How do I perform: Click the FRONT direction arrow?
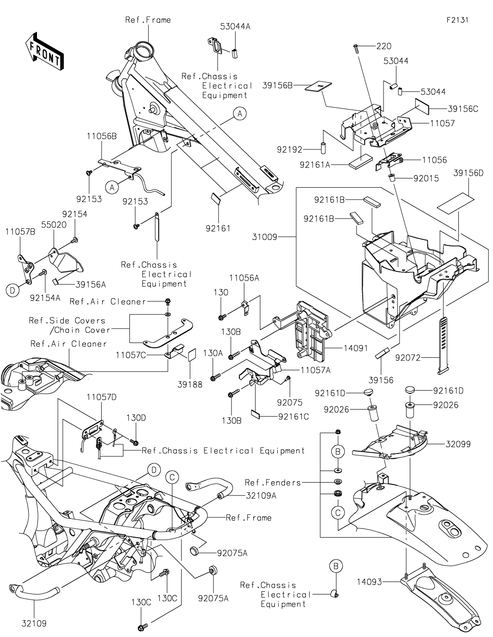click(x=44, y=50)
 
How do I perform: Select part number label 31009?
click(x=264, y=237)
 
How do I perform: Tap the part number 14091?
click(x=356, y=348)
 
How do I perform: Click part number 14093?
click(x=370, y=582)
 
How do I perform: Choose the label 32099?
click(x=458, y=444)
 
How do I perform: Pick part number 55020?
click(x=54, y=224)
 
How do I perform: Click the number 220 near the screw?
click(x=383, y=46)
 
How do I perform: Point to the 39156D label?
click(x=468, y=173)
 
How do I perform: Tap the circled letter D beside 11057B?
click(x=12, y=290)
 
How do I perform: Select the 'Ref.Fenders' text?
click(x=273, y=483)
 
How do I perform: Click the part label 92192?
click(x=290, y=150)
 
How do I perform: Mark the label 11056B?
click(x=101, y=136)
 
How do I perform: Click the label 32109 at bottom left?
click(x=34, y=623)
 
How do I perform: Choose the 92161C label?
click(x=294, y=416)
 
